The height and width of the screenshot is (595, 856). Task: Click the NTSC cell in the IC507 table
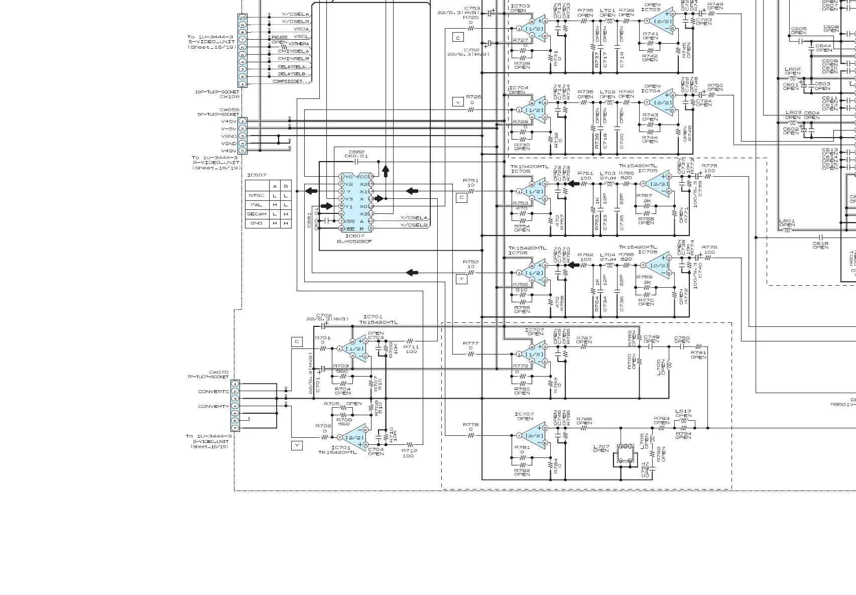[257, 196]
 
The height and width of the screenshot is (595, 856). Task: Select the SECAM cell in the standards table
[257, 214]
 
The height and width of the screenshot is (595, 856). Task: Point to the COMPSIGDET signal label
[291, 81]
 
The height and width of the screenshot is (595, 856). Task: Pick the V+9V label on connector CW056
[229, 151]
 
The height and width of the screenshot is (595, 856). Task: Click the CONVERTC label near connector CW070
[213, 392]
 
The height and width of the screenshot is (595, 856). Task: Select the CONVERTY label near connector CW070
[213, 406]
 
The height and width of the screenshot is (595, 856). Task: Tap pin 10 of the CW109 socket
[242, 18]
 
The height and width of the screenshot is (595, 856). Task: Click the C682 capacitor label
[357, 152]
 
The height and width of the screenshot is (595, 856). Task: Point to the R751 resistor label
[470, 181]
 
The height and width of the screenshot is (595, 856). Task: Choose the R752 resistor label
[470, 262]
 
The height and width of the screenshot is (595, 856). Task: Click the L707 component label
[601, 446]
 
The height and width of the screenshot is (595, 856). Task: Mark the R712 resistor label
[409, 451]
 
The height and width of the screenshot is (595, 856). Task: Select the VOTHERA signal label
[299, 44]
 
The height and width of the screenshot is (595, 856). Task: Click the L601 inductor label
[787, 221]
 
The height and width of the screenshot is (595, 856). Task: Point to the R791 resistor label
[698, 352]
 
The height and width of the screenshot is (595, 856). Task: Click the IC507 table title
[257, 175]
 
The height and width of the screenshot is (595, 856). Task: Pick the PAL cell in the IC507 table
[257, 205]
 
